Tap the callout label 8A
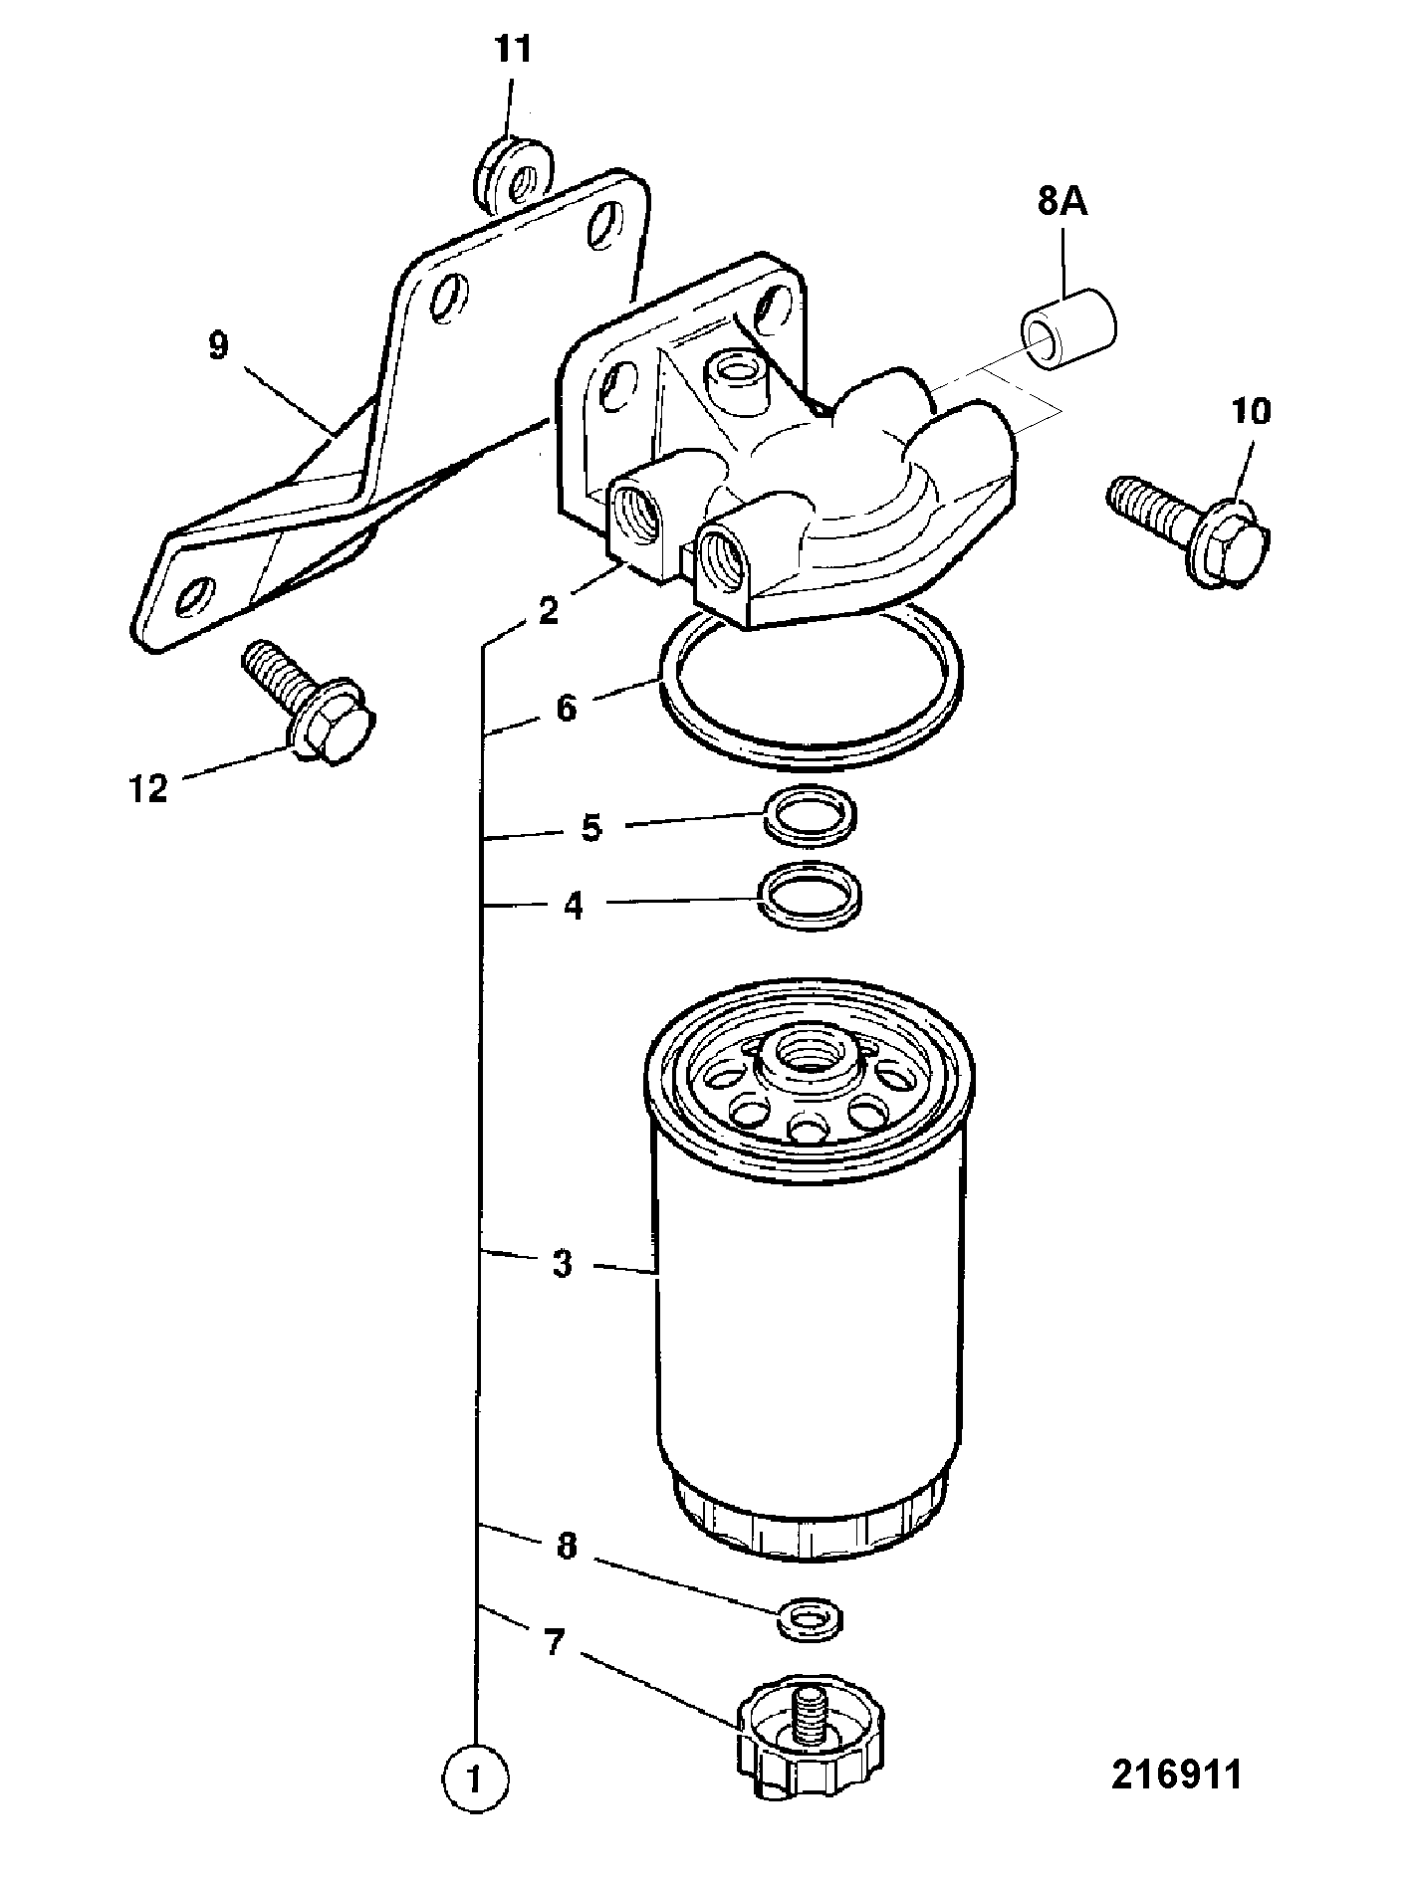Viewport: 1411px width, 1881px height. pyautogui.click(x=1062, y=204)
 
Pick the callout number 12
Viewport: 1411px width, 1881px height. pyautogui.click(x=148, y=789)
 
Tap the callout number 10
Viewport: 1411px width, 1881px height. pyautogui.click(x=1251, y=411)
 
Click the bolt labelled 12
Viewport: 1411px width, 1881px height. pyautogui.click(x=309, y=702)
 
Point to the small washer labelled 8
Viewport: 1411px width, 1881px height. pyautogui.click(x=808, y=1617)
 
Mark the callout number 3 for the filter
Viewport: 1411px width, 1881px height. pyautogui.click(x=562, y=1263)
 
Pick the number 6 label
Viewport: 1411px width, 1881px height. pyautogui.click(x=566, y=709)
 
